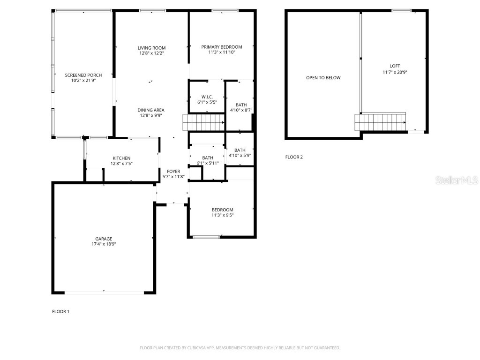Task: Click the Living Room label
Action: (151, 48)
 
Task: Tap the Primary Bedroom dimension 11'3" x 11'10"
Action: (222, 52)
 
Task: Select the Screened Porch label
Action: (83, 75)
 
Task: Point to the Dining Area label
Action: (151, 110)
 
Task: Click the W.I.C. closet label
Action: (207, 97)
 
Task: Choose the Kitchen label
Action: (121, 158)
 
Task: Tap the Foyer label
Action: (173, 172)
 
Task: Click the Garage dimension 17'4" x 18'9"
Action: (104, 244)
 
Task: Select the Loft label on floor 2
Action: (395, 66)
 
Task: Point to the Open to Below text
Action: (323, 78)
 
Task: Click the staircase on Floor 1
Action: (203, 124)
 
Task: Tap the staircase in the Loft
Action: (380, 122)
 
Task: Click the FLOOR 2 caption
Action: (294, 157)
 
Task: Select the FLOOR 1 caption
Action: (60, 311)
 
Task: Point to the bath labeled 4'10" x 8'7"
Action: (241, 108)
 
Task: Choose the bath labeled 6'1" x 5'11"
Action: (208, 160)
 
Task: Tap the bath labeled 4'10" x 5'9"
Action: (240, 153)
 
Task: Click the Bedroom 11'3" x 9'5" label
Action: (222, 212)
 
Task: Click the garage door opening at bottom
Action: (104, 293)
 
